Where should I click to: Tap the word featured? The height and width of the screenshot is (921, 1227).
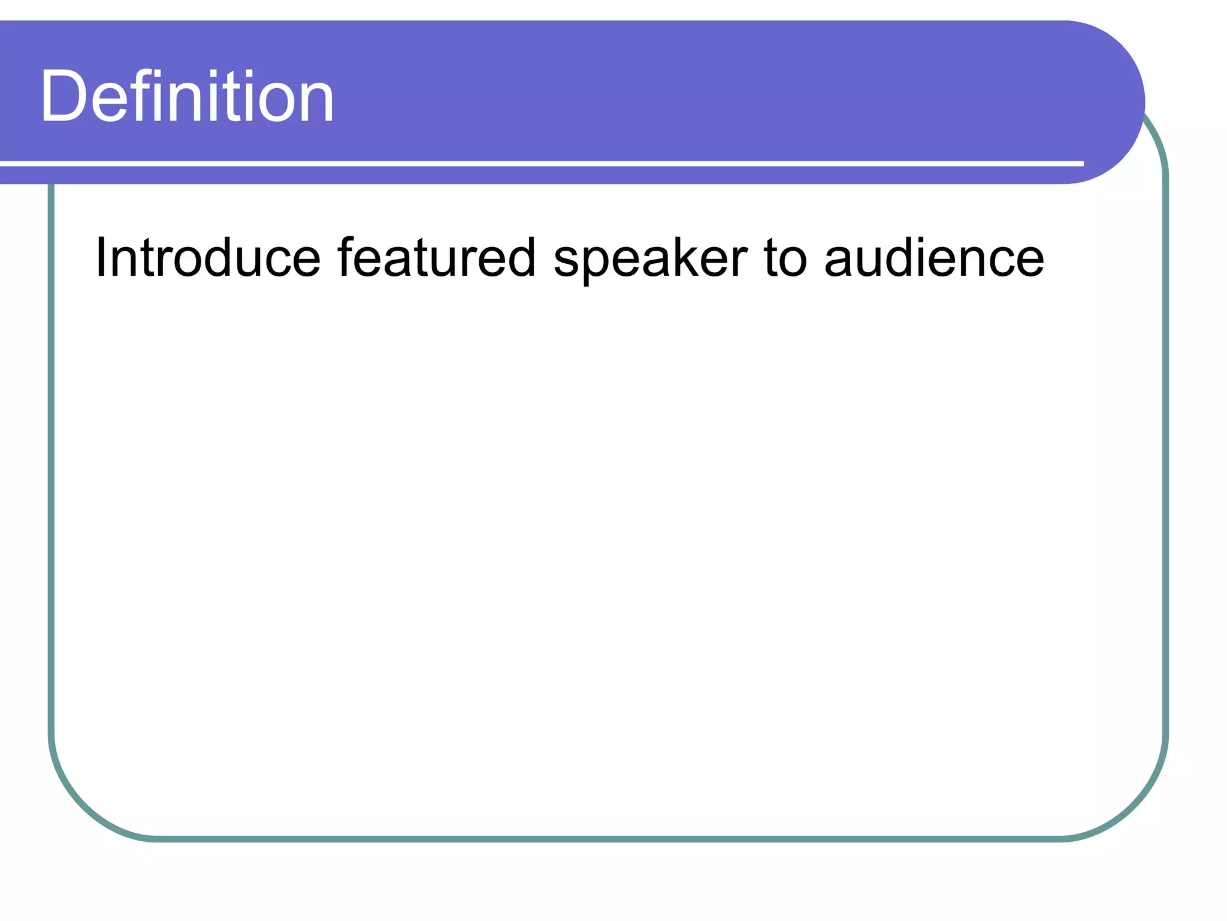(436, 258)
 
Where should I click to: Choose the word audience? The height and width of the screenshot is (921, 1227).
(934, 258)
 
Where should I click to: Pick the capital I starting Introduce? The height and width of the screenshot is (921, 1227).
(101, 258)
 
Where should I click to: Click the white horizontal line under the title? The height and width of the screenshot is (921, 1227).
(539, 163)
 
